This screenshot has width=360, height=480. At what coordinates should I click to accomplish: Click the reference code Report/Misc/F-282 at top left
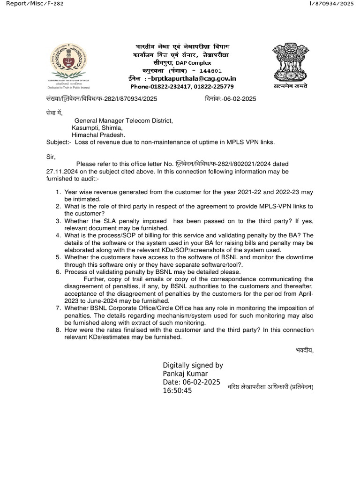32,4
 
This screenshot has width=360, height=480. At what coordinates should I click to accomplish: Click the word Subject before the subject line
59,142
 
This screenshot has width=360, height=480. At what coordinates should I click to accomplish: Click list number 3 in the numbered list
58,221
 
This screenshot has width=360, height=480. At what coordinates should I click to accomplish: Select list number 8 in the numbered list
58,330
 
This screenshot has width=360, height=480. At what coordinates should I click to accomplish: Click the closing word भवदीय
304,350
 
